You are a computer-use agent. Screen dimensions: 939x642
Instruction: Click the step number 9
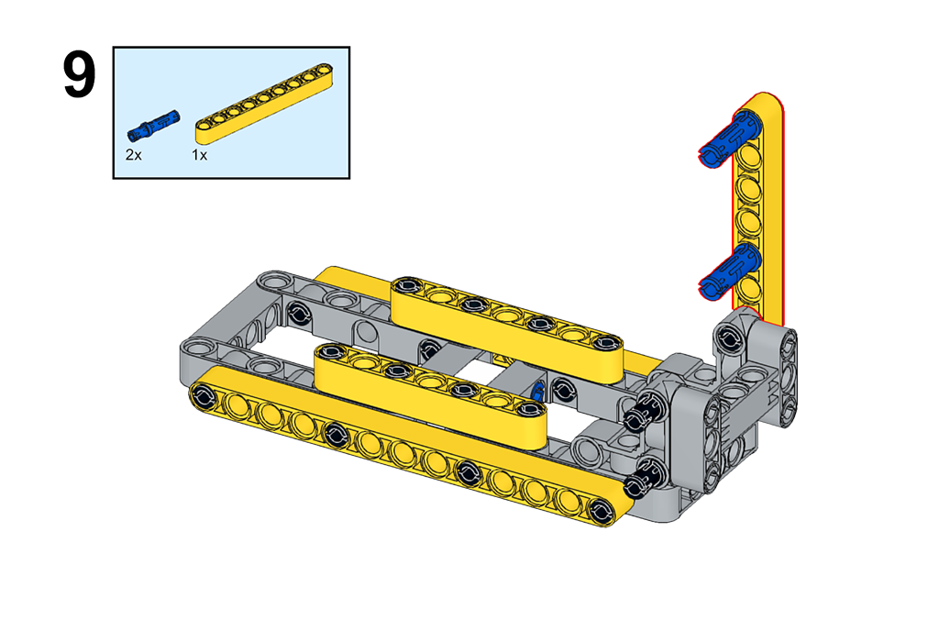pyautogui.click(x=79, y=75)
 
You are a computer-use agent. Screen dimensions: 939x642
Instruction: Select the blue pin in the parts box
pyautogui.click(x=153, y=125)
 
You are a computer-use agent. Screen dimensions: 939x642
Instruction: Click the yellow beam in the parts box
pyautogui.click(x=264, y=104)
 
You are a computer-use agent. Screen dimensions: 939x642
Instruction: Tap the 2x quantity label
pyautogui.click(x=134, y=155)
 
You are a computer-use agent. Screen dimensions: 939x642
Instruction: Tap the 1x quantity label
pyautogui.click(x=199, y=155)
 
